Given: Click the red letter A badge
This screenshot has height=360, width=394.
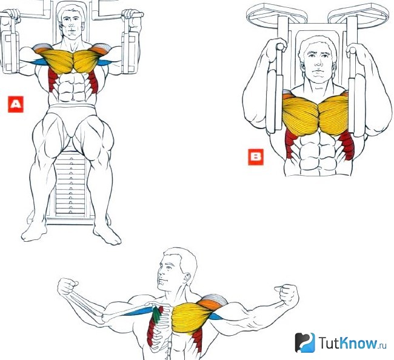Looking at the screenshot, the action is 16,104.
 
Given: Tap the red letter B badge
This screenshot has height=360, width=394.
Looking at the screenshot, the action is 256,157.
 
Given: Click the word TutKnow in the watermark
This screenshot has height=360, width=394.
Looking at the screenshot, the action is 348,343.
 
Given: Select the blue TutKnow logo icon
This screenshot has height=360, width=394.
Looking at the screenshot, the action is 305,342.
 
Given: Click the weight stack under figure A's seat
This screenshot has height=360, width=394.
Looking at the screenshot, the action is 70,186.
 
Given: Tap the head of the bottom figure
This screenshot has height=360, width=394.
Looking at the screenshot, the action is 176,269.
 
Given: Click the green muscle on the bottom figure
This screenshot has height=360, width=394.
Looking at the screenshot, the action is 157,314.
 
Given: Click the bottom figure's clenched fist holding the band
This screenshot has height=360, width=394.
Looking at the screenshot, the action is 67,287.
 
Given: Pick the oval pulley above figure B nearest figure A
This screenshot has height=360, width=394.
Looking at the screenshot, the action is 277,15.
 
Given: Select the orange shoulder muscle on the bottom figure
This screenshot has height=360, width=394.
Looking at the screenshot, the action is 209,304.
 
